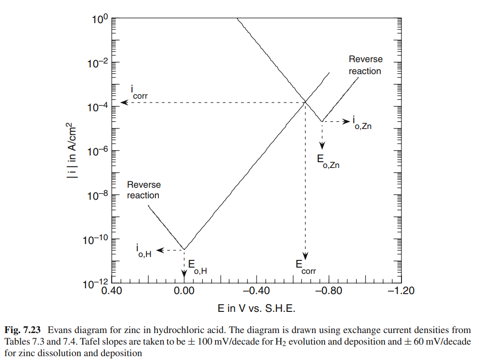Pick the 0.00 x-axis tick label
(x=184, y=291)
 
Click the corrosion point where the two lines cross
(x=305, y=102)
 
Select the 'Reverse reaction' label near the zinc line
(x=365, y=65)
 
